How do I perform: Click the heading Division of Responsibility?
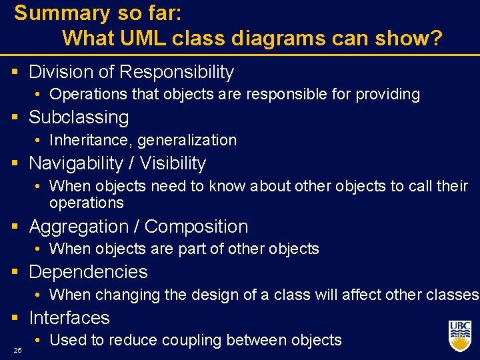pyautogui.click(x=131, y=72)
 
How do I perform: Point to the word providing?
pyautogui.click(x=387, y=95)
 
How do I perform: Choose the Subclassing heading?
pyautogui.click(x=79, y=117)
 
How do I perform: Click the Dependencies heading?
pyautogui.click(x=88, y=272)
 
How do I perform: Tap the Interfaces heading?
pyautogui.click(x=69, y=318)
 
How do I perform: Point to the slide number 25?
pyautogui.click(x=17, y=351)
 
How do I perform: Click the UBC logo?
pyautogui.click(x=459, y=335)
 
